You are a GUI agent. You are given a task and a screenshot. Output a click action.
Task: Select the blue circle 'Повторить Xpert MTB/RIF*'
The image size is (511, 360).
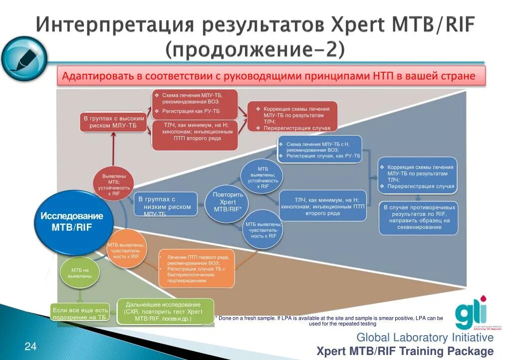[228, 202]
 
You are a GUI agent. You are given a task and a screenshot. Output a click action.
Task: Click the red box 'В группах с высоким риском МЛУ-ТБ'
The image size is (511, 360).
[114, 122]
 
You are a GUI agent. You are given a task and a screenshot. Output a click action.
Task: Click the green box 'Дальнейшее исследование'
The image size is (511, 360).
[165, 311]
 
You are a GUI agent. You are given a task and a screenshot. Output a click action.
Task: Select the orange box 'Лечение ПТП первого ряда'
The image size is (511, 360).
[196, 268]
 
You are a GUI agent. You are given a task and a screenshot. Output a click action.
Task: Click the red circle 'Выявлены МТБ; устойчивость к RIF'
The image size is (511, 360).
[114, 184]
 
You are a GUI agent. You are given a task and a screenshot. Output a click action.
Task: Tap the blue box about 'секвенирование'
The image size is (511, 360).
[418, 218]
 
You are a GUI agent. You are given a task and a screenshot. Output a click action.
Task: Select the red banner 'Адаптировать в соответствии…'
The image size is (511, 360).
[272, 76]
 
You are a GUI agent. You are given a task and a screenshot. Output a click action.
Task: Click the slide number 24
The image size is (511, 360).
[30, 347]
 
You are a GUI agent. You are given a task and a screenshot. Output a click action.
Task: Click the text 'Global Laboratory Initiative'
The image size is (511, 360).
[425, 338]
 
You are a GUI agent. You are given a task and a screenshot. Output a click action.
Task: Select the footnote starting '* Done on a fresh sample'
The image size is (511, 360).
[328, 320]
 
